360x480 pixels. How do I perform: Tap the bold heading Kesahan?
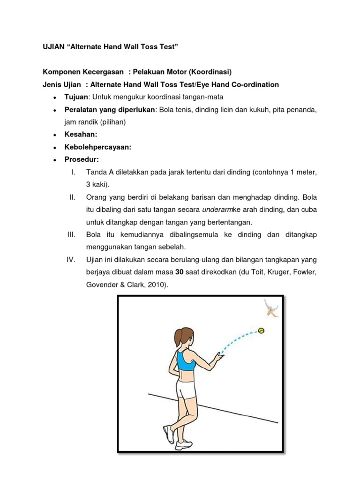pyautogui.click(x=81, y=134)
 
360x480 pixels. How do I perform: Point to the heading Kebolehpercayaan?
pyautogui.click(x=97, y=147)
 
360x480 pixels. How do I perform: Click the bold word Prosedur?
pyautogui.click(x=82, y=159)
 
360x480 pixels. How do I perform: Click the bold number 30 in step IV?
pyautogui.click(x=180, y=272)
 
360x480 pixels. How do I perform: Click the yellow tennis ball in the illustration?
pyautogui.click(x=261, y=330)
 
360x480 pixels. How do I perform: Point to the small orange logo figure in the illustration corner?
pyautogui.click(x=270, y=307)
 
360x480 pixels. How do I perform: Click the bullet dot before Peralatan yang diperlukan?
pyautogui.click(x=55, y=110)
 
